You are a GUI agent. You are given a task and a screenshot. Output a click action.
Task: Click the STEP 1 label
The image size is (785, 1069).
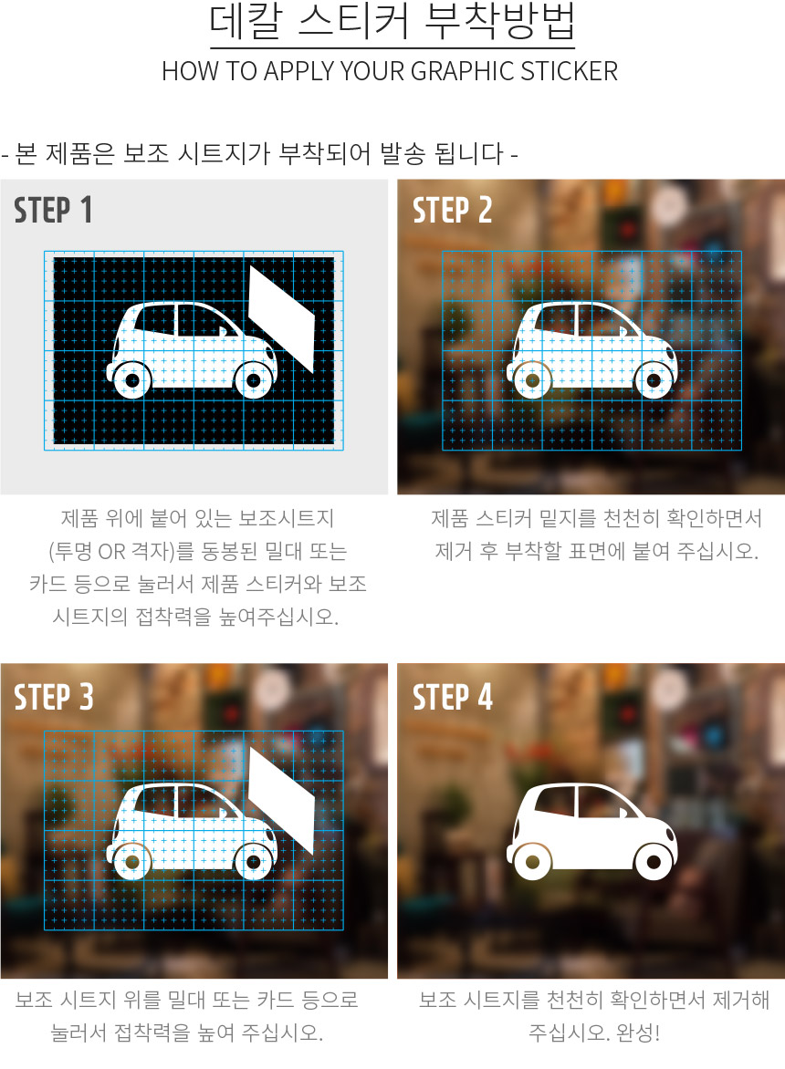53,209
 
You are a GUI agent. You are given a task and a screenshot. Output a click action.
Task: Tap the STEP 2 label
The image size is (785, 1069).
452,209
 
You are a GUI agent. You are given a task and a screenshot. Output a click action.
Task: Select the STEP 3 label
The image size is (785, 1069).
53,697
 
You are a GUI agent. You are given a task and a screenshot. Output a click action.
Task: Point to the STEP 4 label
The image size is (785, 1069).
452,697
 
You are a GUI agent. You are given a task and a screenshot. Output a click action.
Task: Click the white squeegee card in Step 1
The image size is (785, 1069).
282,318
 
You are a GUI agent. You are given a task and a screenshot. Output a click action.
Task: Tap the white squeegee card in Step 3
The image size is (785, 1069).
282,801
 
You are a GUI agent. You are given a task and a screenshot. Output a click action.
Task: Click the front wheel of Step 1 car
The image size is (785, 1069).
255,379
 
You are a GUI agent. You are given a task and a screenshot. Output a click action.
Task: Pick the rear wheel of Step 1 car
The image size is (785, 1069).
132,379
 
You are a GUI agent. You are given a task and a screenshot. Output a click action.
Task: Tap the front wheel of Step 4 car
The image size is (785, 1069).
654,862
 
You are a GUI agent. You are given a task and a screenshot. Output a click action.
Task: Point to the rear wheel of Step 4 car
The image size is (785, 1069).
532,862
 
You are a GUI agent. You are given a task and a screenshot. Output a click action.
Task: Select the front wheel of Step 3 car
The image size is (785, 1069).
255,862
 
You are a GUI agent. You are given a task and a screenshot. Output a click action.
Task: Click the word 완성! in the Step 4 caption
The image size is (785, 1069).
638,1033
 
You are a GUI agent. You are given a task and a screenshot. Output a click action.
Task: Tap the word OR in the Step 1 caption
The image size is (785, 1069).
111,551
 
